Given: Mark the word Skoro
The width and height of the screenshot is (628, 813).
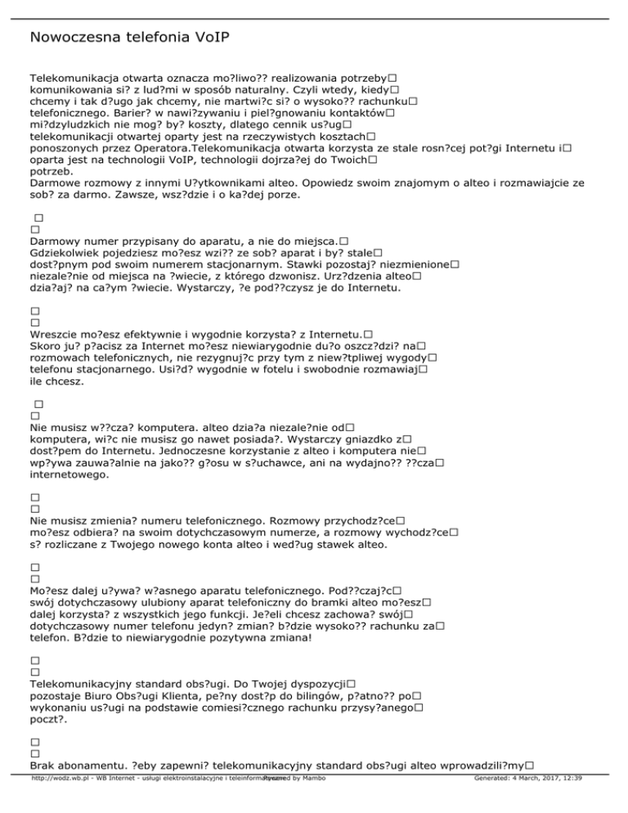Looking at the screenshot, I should [x=45, y=346].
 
